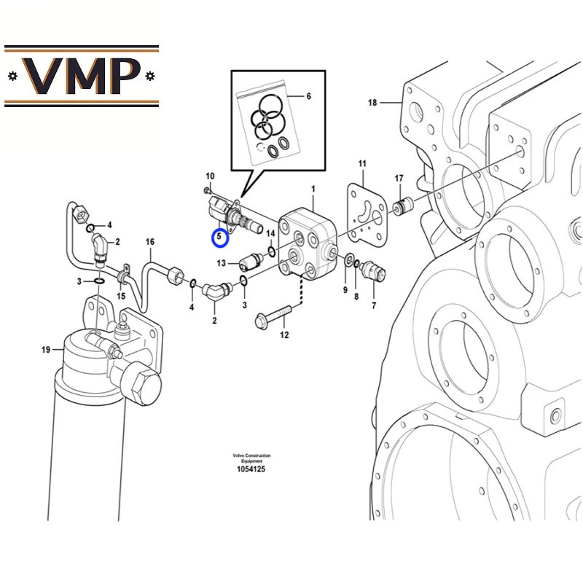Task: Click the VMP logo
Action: pos(82,76)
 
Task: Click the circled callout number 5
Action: pos(219,238)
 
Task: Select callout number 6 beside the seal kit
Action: pos(308,96)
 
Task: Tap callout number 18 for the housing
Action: pos(372,103)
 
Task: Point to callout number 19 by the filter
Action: pos(46,351)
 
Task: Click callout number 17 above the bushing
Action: pos(399,179)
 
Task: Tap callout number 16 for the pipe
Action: pos(150,242)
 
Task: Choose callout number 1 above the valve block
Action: pos(313,189)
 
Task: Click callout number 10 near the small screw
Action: pos(210,176)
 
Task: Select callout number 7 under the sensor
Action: pos(374,306)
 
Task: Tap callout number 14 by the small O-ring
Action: pos(270,233)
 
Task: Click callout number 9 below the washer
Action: pos(345,291)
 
